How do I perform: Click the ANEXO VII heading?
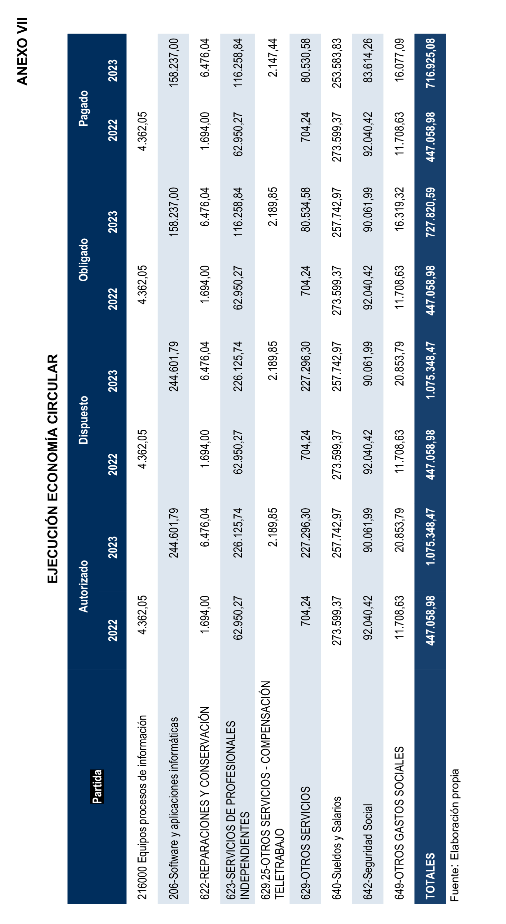point(22,52)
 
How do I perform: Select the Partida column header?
point(97,786)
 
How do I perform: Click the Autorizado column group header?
point(84,586)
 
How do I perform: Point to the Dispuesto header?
point(84,420)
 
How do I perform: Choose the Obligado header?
point(84,260)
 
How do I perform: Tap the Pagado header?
point(84,108)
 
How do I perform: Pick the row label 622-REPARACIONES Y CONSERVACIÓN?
point(204,803)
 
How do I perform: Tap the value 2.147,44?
point(272,58)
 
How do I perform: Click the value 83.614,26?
point(368,60)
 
